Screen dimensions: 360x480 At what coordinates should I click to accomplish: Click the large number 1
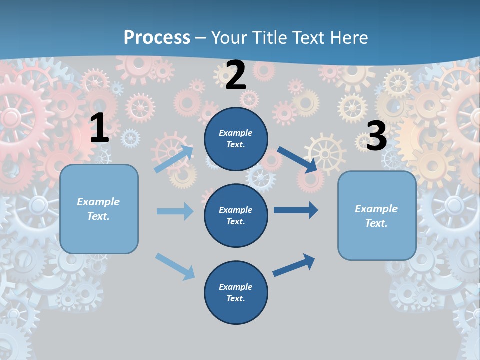99,128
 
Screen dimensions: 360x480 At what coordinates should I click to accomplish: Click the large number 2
236,75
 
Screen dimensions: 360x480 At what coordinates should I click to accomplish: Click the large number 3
376,136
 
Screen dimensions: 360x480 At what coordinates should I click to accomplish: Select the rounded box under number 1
99,209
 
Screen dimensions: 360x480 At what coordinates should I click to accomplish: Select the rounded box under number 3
377,216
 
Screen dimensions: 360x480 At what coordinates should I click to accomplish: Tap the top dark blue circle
236,139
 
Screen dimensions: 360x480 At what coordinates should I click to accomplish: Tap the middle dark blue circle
236,215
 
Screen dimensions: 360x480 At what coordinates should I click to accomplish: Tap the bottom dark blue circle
236,292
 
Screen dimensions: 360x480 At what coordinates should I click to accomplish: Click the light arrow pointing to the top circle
173,159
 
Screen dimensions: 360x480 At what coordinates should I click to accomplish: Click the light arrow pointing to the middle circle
175,211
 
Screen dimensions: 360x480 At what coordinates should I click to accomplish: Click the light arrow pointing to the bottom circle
175,266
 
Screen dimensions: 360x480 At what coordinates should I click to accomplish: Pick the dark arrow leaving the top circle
297,159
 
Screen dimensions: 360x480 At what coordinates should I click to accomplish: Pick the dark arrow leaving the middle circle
296,210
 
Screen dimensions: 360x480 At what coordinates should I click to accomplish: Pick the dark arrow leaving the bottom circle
294,265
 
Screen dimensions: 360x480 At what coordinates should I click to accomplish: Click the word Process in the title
157,37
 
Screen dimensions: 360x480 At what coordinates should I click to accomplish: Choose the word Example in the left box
98,202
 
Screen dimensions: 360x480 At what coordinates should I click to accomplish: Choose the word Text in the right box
376,223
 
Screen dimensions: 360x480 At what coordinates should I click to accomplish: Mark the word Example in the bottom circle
235,287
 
